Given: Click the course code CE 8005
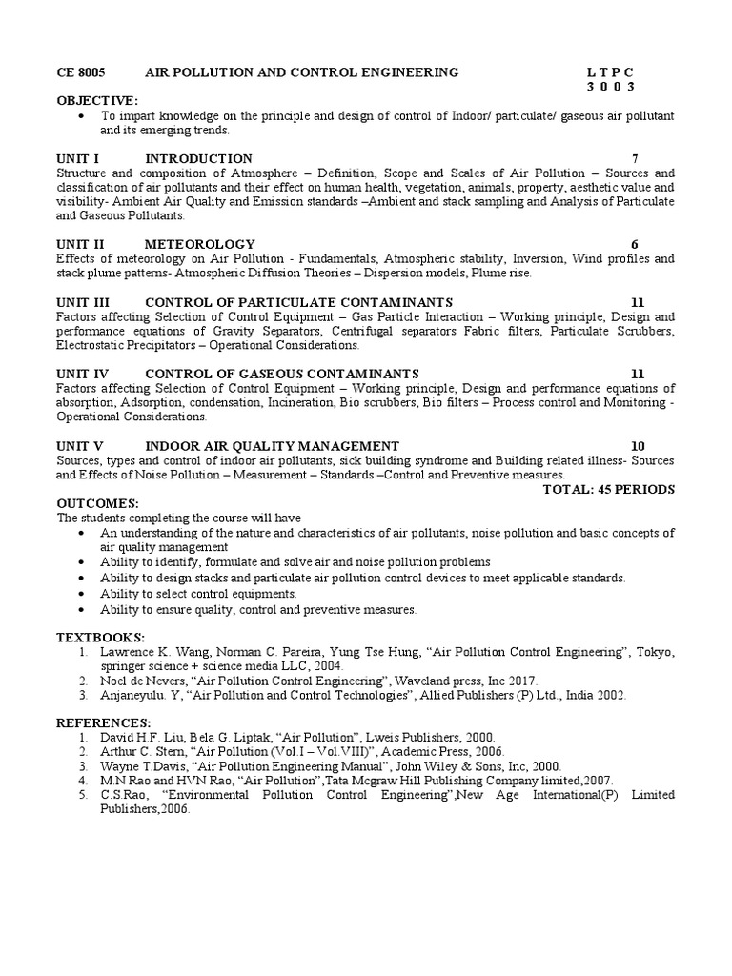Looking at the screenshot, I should (x=81, y=72).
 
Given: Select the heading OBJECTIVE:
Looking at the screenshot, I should (x=97, y=100).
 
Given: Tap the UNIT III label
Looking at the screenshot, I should (x=84, y=302).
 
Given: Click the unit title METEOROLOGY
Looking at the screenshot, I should (x=200, y=244).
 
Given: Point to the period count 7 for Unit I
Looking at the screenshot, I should (x=635, y=158).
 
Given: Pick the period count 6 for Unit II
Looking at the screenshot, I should (x=635, y=244).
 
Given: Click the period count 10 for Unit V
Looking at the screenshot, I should (x=638, y=446).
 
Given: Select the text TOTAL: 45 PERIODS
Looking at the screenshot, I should (x=608, y=489).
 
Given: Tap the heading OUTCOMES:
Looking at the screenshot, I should (x=97, y=503).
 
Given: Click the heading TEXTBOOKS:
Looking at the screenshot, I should (x=100, y=637).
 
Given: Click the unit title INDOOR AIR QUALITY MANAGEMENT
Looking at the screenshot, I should (x=272, y=446).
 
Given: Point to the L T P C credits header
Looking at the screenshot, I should (x=610, y=72).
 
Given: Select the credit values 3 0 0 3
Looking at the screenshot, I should (x=610, y=87).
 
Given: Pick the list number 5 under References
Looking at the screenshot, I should (x=84, y=795).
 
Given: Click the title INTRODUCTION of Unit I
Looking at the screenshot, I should (x=198, y=158).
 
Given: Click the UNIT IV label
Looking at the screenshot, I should (x=83, y=374).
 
